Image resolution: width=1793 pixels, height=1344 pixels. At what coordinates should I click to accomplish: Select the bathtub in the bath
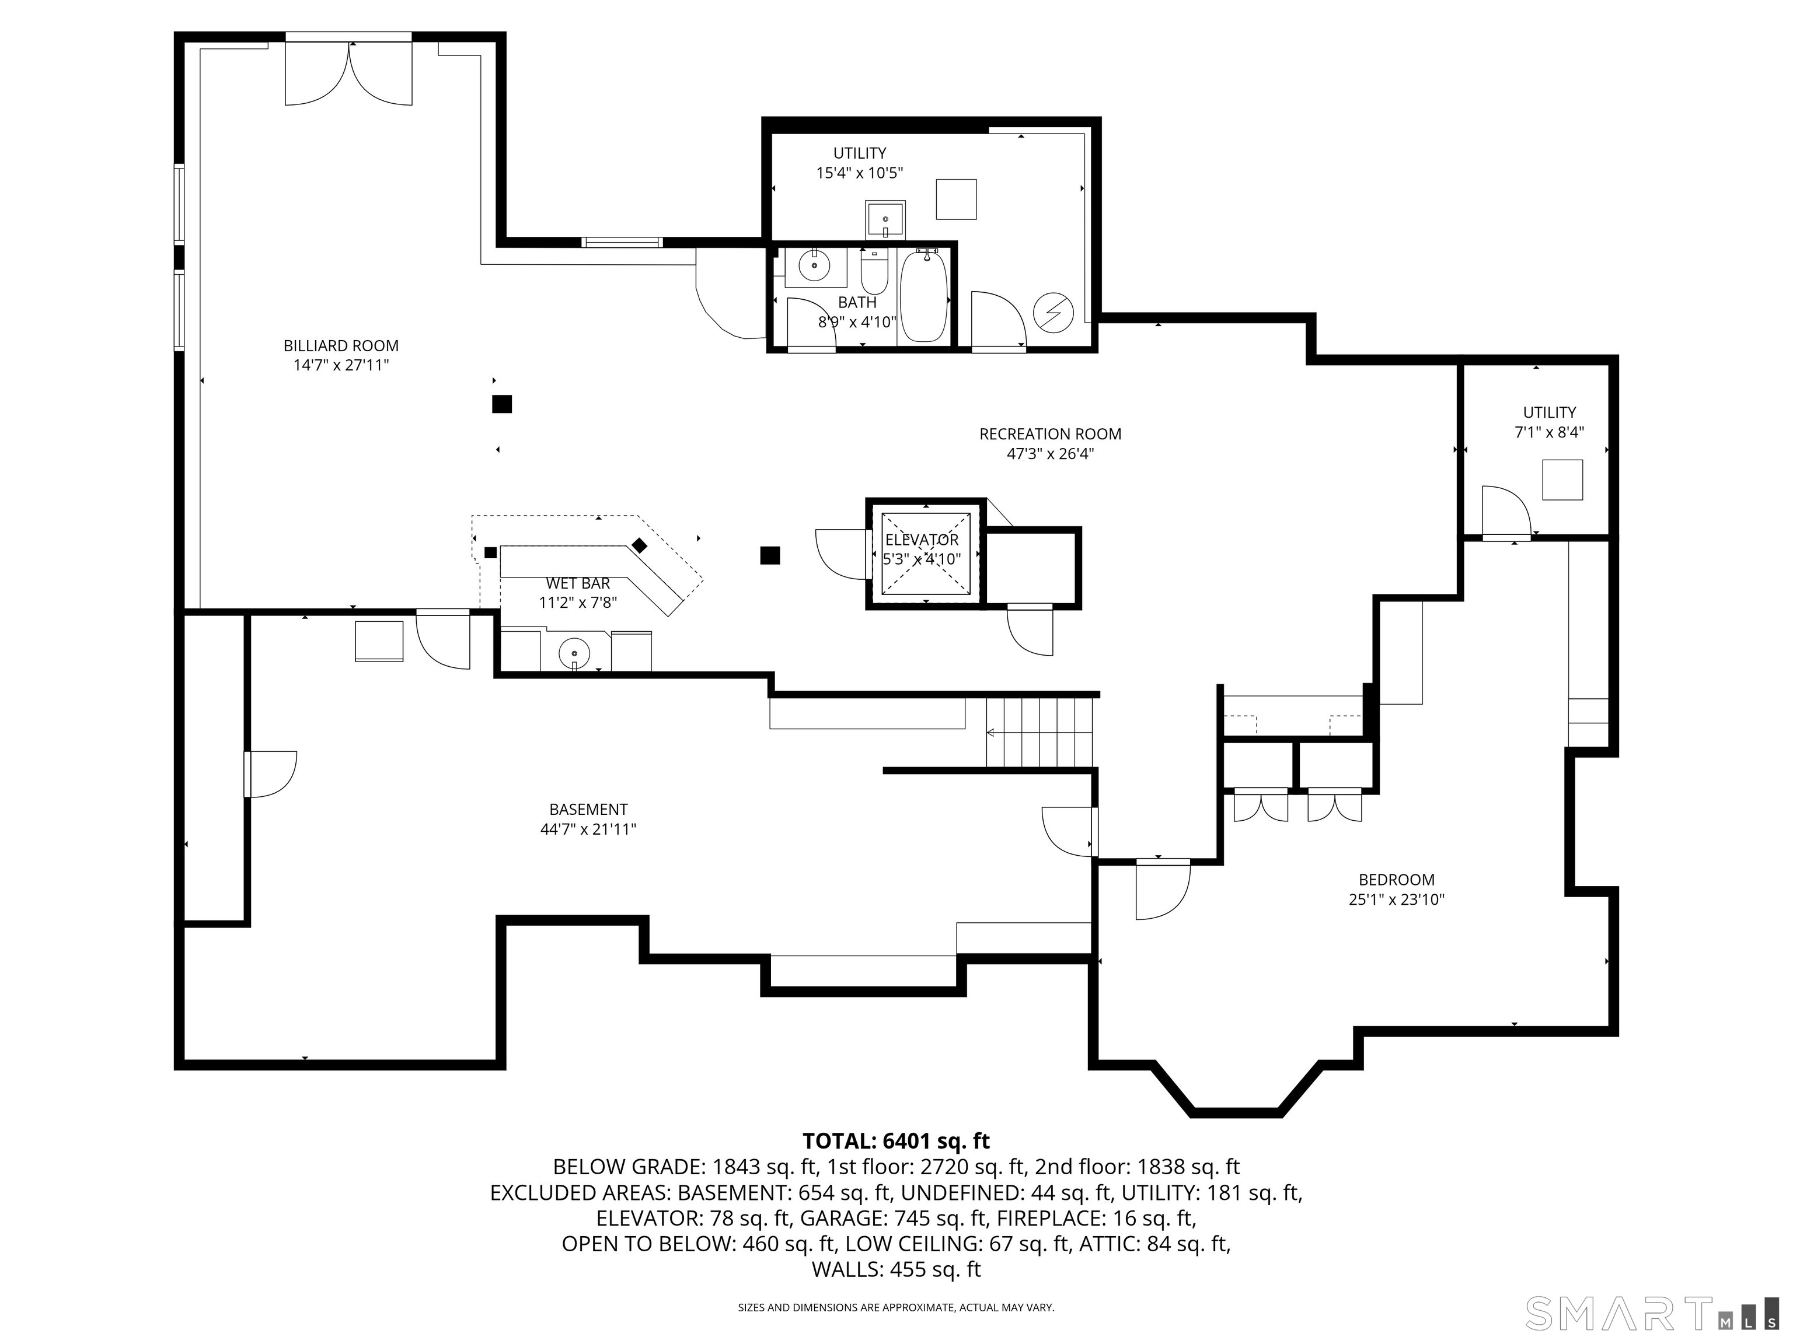pos(923,296)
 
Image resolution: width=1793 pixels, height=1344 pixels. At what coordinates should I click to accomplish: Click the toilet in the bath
pos(874,272)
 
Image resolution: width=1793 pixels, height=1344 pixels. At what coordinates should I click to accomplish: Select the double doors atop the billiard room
pos(348,73)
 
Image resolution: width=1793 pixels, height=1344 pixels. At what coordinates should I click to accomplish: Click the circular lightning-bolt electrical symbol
pos(1053,312)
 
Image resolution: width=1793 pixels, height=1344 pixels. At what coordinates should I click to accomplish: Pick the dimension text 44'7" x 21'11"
pos(588,829)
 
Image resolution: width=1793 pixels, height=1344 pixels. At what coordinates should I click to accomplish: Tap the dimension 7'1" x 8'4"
pos(1549,433)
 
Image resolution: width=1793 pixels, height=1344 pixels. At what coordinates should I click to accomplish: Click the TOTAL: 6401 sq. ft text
pos(896,1140)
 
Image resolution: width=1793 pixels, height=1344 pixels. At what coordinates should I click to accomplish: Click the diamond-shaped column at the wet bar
pos(640,545)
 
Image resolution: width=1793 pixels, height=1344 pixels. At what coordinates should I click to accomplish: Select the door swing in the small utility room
pos(1505,510)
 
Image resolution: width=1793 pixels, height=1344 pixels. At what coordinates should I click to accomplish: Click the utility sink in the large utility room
pos(885,218)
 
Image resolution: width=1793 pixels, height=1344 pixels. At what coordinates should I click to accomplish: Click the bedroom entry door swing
pos(1161,892)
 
